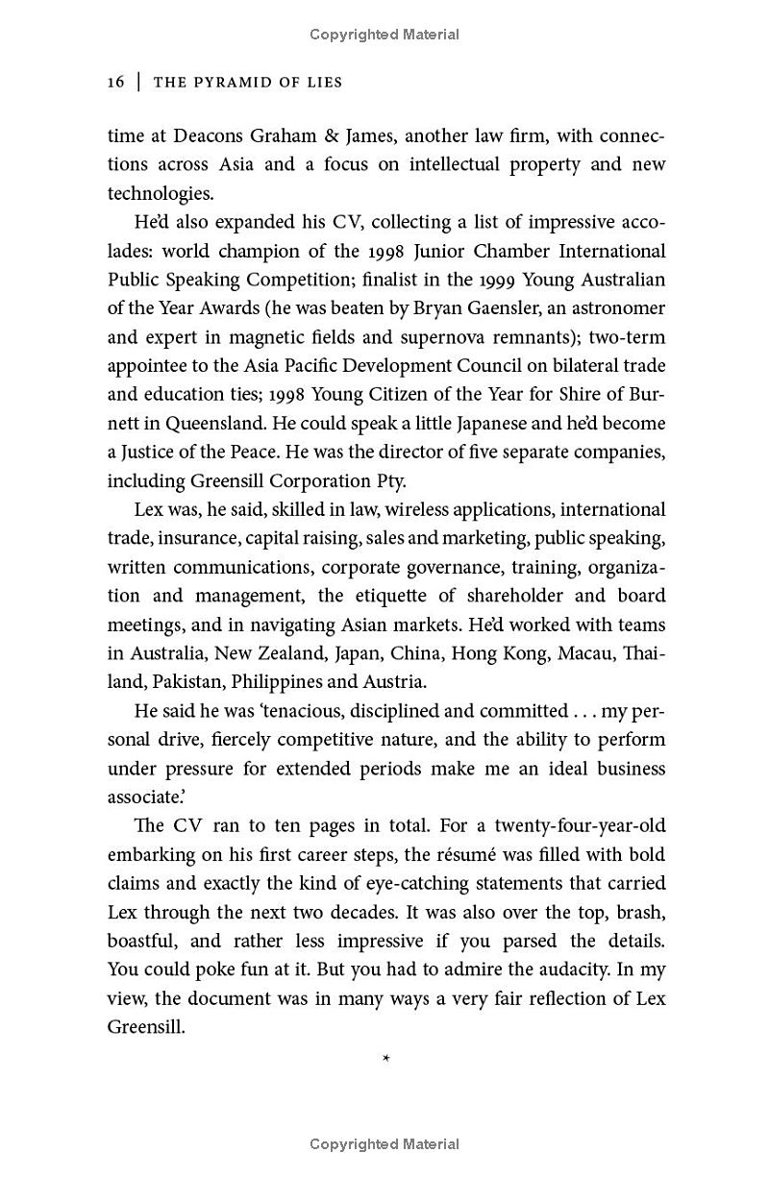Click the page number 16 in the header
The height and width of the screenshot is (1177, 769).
tap(116, 83)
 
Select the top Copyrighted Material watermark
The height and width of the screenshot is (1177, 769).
tap(384, 35)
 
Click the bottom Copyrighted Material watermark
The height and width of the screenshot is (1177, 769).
tap(384, 1144)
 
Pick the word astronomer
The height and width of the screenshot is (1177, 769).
tap(617, 308)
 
